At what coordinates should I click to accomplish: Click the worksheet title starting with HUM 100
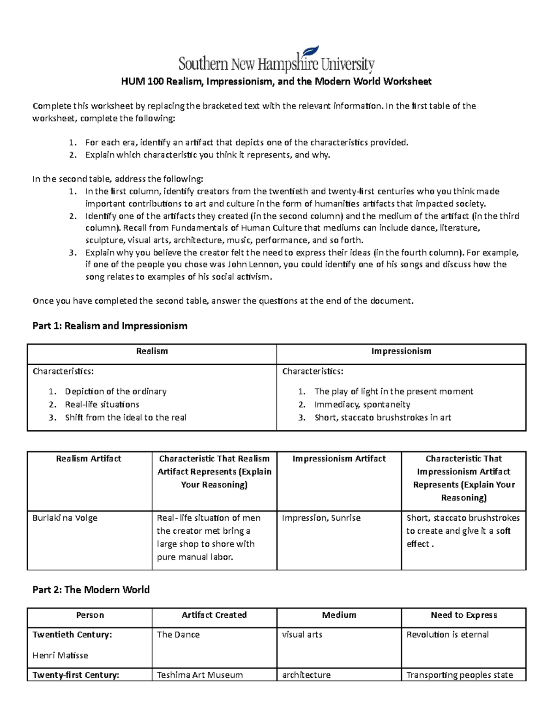tap(276, 82)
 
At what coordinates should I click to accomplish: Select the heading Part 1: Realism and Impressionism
tap(110, 326)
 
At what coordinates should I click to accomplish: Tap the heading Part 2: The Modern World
tap(91, 590)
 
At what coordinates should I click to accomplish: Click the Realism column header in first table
tap(152, 351)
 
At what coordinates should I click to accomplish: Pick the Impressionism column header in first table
tap(401, 351)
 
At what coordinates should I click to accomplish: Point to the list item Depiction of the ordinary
tap(115, 392)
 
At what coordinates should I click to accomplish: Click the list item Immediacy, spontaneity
tap(362, 404)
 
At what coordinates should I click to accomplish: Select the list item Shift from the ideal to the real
tap(126, 417)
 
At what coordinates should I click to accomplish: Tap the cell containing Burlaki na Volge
tap(65, 518)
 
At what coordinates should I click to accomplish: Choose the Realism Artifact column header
tap(89, 458)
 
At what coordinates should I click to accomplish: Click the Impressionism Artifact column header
tap(339, 458)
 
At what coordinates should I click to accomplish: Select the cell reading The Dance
tap(178, 635)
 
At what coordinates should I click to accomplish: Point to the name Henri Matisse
tap(60, 655)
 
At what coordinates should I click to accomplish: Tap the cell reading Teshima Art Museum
tap(199, 675)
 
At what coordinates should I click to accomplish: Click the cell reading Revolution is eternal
tap(447, 635)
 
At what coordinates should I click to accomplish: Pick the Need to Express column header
tap(464, 615)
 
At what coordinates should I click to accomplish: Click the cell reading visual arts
tap(302, 635)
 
